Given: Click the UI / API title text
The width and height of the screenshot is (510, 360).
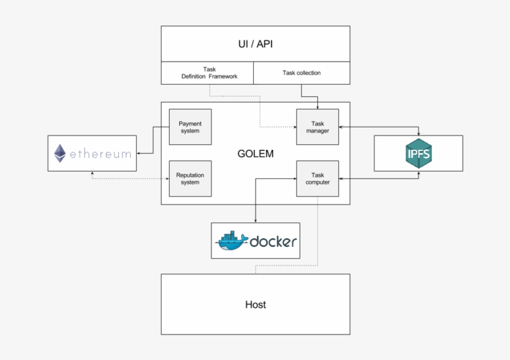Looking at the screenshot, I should pyautogui.click(x=255, y=44).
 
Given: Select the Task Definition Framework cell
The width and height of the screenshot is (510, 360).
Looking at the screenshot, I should pyautogui.click(x=208, y=73).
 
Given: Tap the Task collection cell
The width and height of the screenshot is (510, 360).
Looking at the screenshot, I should pyautogui.click(x=302, y=73).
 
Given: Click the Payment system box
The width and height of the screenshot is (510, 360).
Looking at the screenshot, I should pyautogui.click(x=190, y=127).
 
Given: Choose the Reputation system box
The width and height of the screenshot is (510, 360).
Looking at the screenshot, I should pyautogui.click(x=190, y=178).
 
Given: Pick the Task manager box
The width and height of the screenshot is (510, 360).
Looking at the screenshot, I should pyautogui.click(x=317, y=127).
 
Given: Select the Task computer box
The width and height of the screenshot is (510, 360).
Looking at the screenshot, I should pyautogui.click(x=317, y=178).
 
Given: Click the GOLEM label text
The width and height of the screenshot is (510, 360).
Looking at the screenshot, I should pyautogui.click(x=255, y=153).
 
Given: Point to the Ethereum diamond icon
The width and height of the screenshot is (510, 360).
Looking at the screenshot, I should pyautogui.click(x=60, y=153).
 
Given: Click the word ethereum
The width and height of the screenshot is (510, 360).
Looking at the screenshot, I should pyautogui.click(x=101, y=154).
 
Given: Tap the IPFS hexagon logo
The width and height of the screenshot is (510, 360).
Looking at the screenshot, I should pyautogui.click(x=418, y=153).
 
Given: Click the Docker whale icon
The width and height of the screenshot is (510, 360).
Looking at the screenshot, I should pyautogui.click(x=231, y=241).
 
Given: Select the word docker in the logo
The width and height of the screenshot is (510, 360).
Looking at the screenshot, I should pyautogui.click(x=273, y=242).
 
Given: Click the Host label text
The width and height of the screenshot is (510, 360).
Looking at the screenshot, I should pyautogui.click(x=255, y=305).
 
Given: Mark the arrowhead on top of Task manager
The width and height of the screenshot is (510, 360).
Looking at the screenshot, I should pyautogui.click(x=317, y=106).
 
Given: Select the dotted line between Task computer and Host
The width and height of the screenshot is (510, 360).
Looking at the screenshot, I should pyautogui.click(x=317, y=230).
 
